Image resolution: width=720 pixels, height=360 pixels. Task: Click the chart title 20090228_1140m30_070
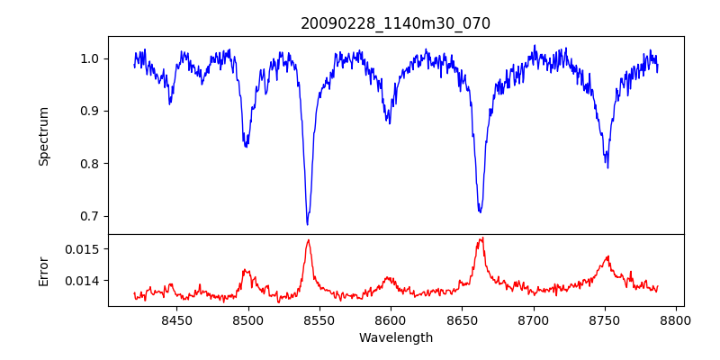[395, 23]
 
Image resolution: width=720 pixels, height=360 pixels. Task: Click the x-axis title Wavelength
[395, 338]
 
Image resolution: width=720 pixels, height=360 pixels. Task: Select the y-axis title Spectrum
[43, 136]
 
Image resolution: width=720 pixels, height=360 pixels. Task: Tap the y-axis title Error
[43, 269]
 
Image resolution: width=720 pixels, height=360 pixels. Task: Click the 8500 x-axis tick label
[247, 319]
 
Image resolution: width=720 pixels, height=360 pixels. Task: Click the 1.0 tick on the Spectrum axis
[91, 58]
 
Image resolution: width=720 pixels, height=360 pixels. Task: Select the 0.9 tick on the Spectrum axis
[91, 111]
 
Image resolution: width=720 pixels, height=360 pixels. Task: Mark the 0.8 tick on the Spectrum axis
[91, 163]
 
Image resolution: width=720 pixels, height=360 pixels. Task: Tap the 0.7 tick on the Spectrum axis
[91, 216]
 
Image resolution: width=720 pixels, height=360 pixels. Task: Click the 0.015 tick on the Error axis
[83, 248]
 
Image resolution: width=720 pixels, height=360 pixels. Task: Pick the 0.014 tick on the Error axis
[83, 281]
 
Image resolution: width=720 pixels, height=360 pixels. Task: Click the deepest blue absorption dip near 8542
[307, 223]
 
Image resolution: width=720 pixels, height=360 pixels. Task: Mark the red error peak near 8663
[482, 238]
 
